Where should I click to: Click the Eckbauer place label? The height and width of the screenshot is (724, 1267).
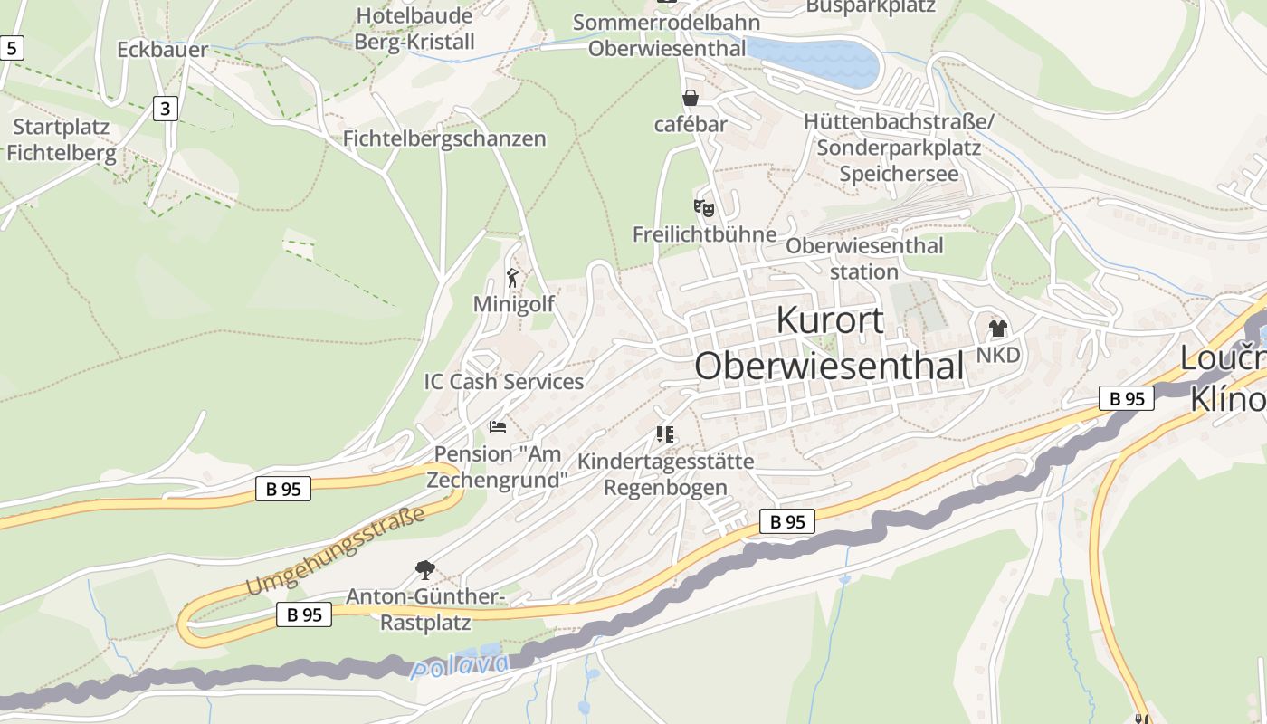point(162,50)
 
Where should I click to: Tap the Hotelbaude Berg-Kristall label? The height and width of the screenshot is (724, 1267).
point(414,29)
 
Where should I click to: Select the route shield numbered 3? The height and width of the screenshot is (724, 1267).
point(164,110)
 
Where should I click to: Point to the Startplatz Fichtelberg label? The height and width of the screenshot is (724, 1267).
point(62,140)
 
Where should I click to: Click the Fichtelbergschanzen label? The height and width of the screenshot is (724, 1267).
point(444,138)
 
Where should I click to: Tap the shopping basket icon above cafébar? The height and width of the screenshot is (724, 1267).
point(691,98)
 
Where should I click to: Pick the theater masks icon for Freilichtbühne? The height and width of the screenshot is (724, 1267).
point(704,209)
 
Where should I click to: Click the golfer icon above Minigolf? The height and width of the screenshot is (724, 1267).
point(513,278)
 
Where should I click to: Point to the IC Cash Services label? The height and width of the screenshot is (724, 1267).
point(504,382)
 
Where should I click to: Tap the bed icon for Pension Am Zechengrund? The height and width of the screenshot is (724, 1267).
point(498,426)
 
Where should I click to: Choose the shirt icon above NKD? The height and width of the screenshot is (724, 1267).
point(997,328)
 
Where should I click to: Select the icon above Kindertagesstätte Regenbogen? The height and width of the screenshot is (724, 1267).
point(665,434)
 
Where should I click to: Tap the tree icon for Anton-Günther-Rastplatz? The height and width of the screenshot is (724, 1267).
point(424,569)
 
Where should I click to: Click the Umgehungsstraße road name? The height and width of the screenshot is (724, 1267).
point(336,553)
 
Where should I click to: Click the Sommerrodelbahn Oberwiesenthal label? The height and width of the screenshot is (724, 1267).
point(667,35)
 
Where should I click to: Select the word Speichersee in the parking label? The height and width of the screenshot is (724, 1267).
point(898,173)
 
